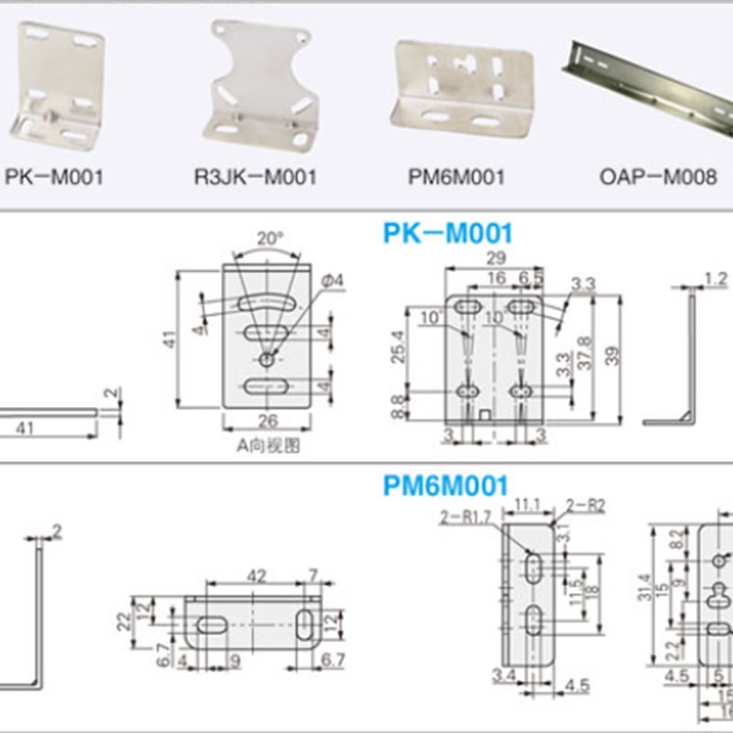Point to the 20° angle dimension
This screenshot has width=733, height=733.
pyautogui.click(x=268, y=237)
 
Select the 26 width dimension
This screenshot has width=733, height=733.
pyautogui.click(x=268, y=421)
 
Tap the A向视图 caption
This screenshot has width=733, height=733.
pyautogui.click(x=268, y=446)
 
